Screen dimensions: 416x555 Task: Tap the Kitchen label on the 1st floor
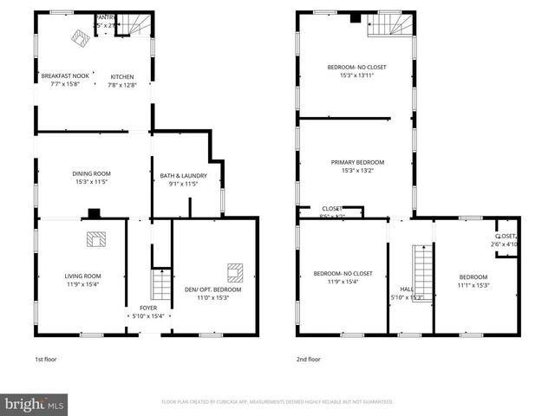[x=122, y=76]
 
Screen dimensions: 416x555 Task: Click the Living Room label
[x=82, y=276]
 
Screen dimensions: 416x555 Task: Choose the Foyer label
[x=148, y=308]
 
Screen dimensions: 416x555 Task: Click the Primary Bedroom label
[x=356, y=162]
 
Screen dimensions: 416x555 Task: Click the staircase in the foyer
[x=159, y=284]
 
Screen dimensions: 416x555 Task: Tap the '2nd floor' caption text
[x=308, y=359]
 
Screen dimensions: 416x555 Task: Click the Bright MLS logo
[x=35, y=404]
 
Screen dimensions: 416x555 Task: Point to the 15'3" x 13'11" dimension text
[x=356, y=75]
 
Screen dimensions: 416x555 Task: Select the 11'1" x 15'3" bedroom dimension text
[x=473, y=284]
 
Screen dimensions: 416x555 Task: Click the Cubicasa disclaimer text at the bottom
[x=277, y=402]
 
